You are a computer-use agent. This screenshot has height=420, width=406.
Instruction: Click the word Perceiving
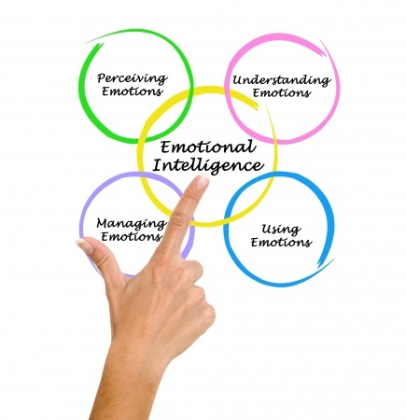pos(132,78)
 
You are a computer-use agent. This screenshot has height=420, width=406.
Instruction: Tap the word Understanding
pos(282,80)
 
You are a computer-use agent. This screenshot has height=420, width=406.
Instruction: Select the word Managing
pos(132,225)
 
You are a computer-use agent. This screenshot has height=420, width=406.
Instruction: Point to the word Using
pos(281,230)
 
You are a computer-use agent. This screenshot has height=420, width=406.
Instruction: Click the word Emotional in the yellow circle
pos(208,147)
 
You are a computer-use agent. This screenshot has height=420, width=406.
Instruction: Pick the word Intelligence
pos(208,166)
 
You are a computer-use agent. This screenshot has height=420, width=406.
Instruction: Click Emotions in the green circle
pos(133,91)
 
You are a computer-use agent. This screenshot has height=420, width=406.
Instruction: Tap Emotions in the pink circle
pos(282,92)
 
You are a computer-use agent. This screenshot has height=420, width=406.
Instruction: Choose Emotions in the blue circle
pos(281,243)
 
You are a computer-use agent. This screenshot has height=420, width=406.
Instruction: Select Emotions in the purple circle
pos(132,236)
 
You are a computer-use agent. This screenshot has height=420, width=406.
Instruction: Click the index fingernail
pos(203,181)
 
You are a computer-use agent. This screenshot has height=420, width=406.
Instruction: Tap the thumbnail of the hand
pos(84,245)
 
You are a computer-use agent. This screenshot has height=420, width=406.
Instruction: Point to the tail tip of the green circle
pos(86,42)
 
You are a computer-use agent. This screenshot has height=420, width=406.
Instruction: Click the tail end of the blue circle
pos(333,259)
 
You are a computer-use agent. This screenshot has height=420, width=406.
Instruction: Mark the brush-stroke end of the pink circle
pos(321,41)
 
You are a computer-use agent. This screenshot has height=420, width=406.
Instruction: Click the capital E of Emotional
pos(165,147)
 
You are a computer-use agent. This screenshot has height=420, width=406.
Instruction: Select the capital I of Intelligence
pos(157,165)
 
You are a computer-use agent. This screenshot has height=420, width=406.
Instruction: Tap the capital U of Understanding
pos(239,80)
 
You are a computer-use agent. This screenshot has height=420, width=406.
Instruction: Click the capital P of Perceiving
pos(102,77)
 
